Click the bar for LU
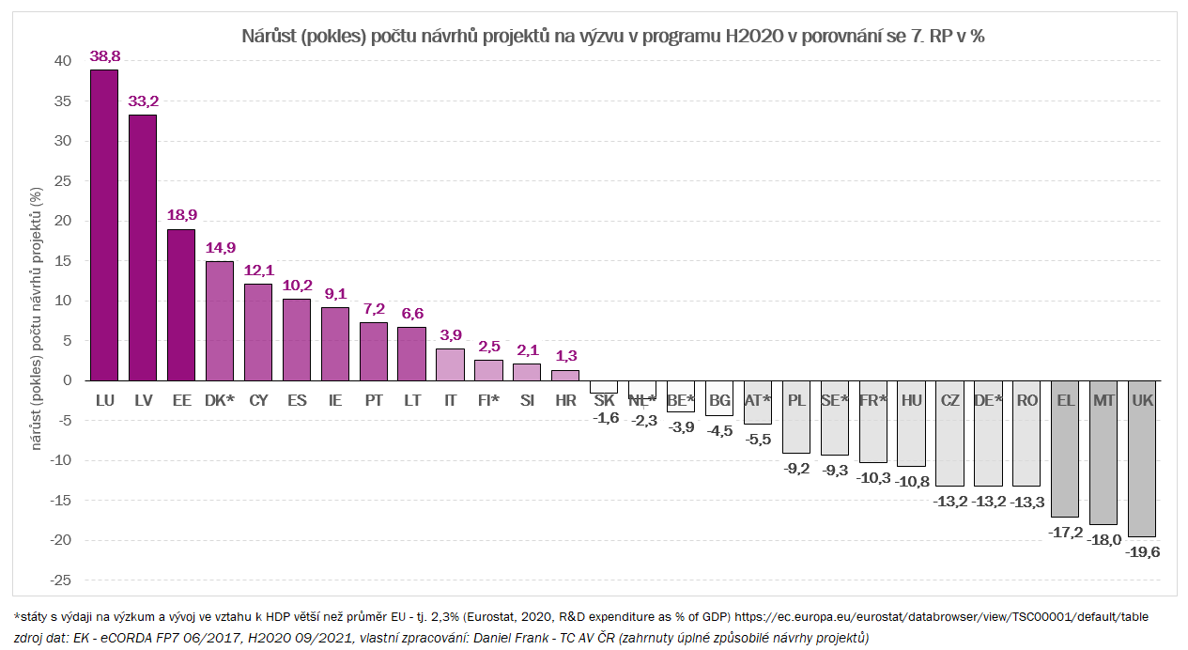coord(104,225)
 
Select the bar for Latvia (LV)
coord(143,248)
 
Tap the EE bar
coord(181,305)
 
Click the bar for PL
coord(796,417)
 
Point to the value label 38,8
coord(104,56)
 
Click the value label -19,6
coord(1142,552)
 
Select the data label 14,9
coord(220,248)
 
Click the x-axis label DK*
coord(220,400)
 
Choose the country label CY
coord(258,400)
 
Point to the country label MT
coord(1103,400)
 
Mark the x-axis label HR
coord(565,400)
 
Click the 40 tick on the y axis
coord(63,61)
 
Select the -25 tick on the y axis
coord(60,580)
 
